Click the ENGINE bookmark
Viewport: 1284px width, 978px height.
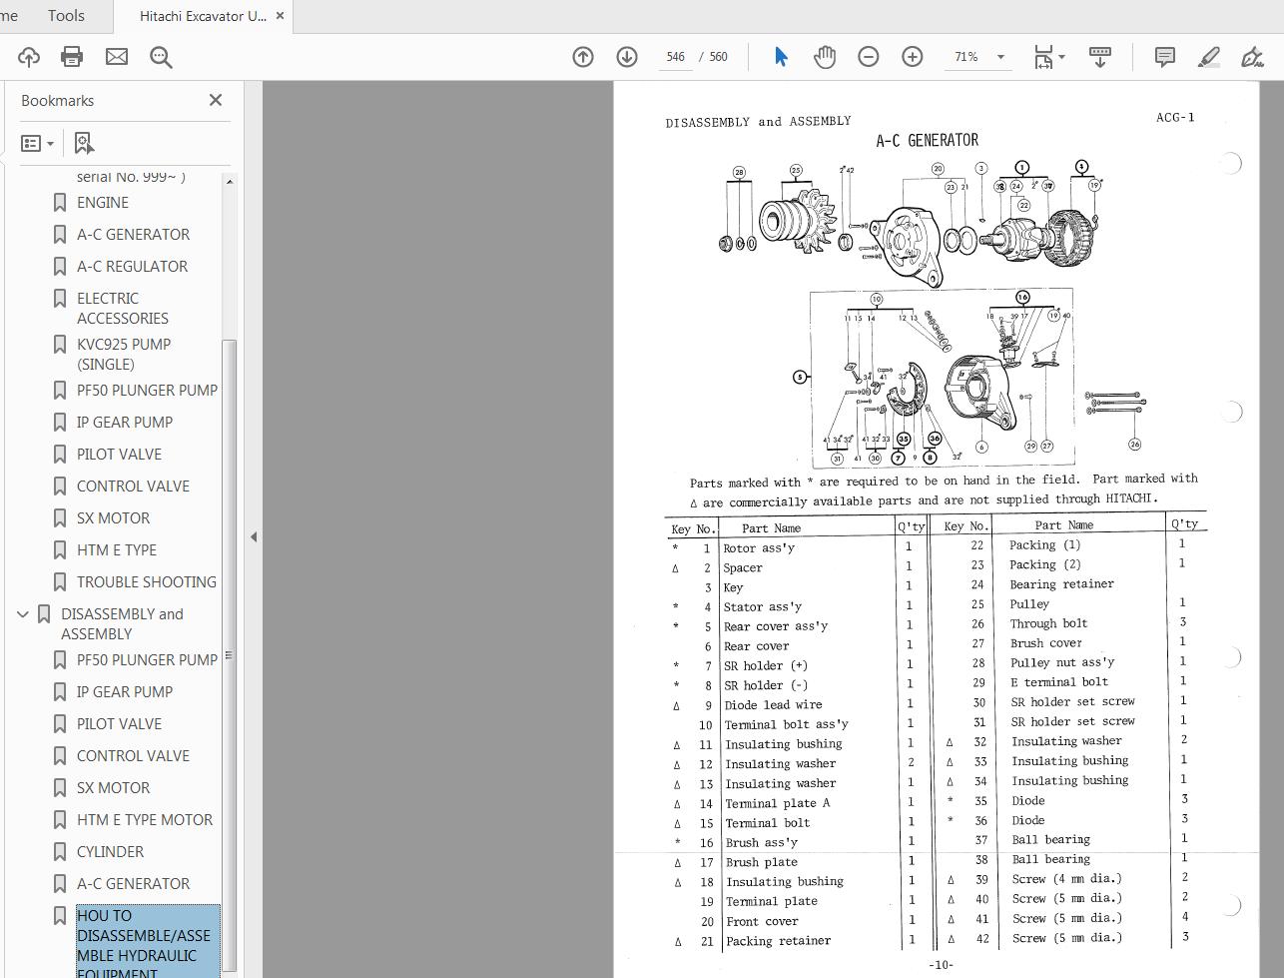[103, 203]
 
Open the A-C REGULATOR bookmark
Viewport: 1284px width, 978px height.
[132, 267]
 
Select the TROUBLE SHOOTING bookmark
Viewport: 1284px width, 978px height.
[146, 582]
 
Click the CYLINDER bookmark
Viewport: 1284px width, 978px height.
[110, 852]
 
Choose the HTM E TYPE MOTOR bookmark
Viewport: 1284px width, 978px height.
[144, 820]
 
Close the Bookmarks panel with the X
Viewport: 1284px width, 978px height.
[216, 100]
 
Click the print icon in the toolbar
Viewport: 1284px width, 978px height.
[72, 57]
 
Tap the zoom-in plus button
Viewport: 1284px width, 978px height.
[912, 57]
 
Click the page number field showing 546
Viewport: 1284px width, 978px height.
[676, 57]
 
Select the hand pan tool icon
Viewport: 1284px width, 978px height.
[825, 57]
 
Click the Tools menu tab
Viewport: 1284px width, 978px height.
[66, 16]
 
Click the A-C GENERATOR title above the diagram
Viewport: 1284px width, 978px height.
[927, 141]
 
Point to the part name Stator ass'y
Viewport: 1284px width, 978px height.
[763, 607]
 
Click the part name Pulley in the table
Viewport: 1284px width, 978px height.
[1029, 604]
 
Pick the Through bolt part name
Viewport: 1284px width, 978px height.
[1048, 623]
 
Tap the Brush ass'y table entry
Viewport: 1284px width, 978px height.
[761, 843]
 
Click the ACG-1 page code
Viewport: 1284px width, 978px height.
[1175, 118]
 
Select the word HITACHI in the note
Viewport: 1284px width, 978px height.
[1130, 498]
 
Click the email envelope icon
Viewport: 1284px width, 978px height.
[117, 57]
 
